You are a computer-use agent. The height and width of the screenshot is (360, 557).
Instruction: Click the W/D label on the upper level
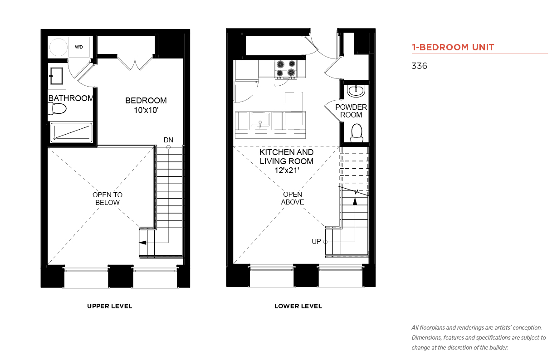click(79, 47)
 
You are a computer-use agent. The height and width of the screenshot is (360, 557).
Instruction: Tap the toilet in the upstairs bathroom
click(57, 109)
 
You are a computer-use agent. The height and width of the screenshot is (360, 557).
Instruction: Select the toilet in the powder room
click(357, 133)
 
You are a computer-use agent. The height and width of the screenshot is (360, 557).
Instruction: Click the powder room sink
click(356, 91)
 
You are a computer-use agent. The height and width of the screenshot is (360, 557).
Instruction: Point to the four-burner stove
click(286, 69)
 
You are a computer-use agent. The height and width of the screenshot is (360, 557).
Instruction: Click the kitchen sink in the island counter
click(260, 120)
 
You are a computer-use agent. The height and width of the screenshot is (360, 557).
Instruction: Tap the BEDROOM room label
click(146, 101)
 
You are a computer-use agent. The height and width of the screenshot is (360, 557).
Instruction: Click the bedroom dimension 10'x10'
click(146, 110)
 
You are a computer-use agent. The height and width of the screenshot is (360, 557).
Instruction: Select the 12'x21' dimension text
click(287, 170)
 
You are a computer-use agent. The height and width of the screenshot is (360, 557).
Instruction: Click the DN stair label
click(168, 140)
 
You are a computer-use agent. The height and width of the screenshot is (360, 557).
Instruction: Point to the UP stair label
click(316, 241)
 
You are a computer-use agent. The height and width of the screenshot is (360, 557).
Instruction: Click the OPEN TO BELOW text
click(107, 199)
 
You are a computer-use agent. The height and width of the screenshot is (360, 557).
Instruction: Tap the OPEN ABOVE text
click(293, 198)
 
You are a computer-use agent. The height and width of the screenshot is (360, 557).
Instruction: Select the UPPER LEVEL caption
click(109, 306)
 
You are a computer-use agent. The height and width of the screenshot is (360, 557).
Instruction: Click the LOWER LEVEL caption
click(298, 306)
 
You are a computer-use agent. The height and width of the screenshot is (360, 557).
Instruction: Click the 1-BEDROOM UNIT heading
click(453, 47)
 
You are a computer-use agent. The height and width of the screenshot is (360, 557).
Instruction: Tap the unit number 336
click(419, 66)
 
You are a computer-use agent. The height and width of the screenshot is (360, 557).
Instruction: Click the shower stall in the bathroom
click(71, 132)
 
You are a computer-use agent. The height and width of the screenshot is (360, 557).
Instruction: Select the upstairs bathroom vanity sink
click(57, 76)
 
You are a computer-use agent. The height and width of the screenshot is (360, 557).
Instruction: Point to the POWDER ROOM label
click(351, 111)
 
